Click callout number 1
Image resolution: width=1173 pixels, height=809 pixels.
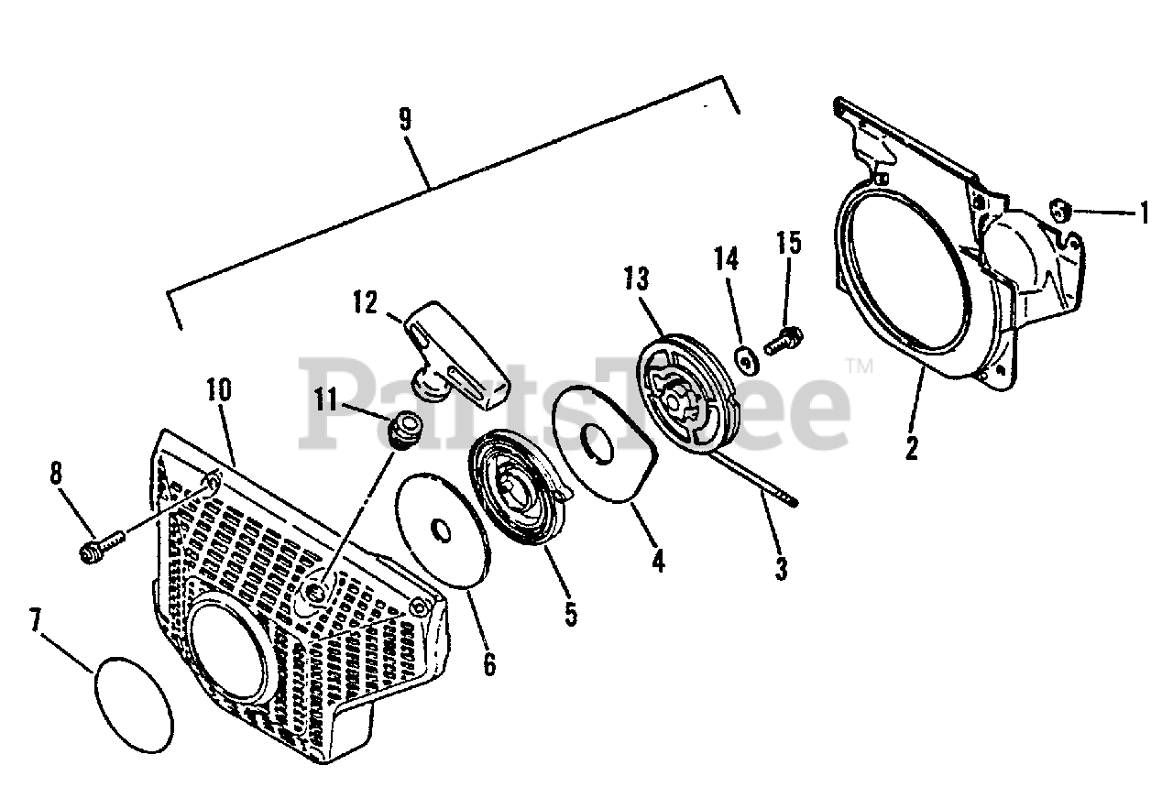pyautogui.click(x=1143, y=214)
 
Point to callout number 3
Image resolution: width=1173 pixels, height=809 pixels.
pyautogui.click(x=781, y=568)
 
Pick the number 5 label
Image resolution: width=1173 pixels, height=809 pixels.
pyautogui.click(x=571, y=613)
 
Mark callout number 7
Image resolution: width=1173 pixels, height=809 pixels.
pyautogui.click(x=35, y=623)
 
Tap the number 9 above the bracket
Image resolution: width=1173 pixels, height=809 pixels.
pyautogui.click(x=404, y=120)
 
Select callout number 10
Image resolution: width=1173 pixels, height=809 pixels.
pyautogui.click(x=219, y=389)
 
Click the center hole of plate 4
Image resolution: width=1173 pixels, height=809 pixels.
pyautogui.click(x=599, y=441)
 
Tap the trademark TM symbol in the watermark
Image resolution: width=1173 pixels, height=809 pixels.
pyautogui.click(x=861, y=366)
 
